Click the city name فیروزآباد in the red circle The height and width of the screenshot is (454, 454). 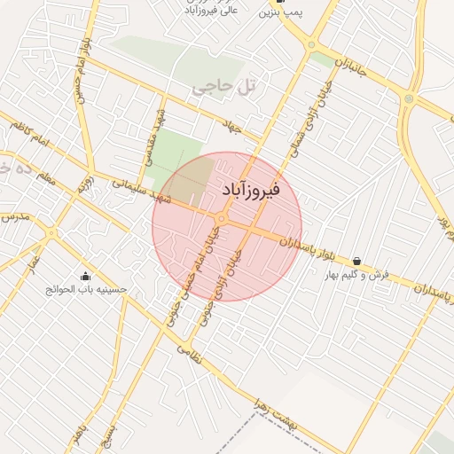(248, 190)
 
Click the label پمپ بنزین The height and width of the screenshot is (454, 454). (282, 13)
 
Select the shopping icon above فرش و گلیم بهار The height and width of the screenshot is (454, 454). (356, 261)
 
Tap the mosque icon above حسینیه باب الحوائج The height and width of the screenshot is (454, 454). (84, 275)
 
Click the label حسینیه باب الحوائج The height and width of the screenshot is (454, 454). (88, 289)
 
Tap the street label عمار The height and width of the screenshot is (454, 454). (32, 262)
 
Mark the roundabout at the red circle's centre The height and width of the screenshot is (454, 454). (221, 218)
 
